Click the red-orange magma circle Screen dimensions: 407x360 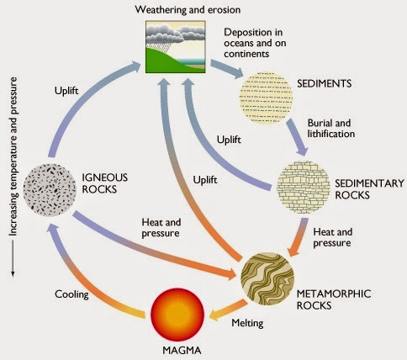[177, 315]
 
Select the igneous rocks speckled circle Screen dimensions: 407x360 [50, 190]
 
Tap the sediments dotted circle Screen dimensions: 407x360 [266, 98]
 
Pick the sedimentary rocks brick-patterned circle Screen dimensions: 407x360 [304, 188]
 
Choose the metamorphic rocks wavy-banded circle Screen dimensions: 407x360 [267, 278]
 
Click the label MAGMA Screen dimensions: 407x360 [182, 350]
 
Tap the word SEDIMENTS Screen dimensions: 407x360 [324, 83]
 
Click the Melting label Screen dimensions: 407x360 [247, 323]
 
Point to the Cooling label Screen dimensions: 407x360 [71, 294]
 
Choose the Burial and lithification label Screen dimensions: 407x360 [331, 128]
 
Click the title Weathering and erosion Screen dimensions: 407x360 [188, 10]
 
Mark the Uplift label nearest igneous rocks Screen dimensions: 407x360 [66, 91]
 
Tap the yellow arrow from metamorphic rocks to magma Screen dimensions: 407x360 [228, 310]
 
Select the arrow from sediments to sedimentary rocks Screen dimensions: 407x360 [297, 137]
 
